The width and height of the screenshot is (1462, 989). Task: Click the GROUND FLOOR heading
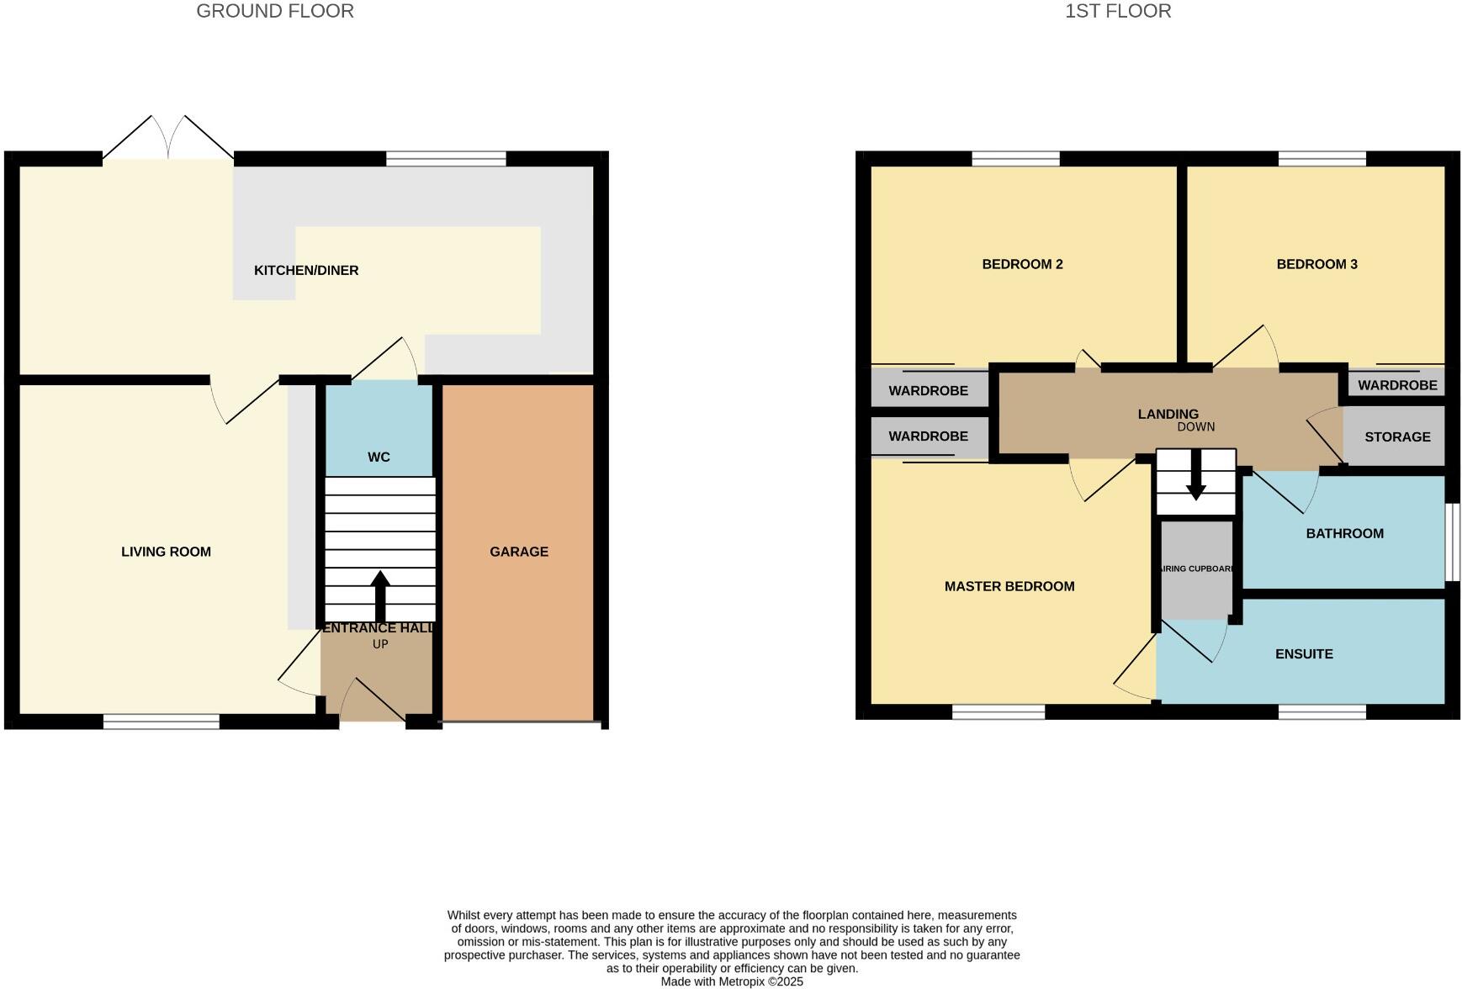pos(275,12)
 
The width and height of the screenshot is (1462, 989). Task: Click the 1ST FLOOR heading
pos(1118,12)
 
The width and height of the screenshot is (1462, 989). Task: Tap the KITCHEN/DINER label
pos(306,271)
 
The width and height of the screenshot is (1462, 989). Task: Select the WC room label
pos(379,457)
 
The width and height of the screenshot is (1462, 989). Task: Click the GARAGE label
pos(519,552)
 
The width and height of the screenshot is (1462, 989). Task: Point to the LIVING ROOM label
pos(166,552)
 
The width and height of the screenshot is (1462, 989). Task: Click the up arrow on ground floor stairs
pos(380,595)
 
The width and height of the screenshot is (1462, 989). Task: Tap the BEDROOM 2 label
pos(1022,264)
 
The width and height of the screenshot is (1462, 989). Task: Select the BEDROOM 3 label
pos(1316,264)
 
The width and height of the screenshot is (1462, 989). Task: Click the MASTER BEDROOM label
pos(1009,586)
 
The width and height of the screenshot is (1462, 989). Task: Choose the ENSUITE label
pos(1304,654)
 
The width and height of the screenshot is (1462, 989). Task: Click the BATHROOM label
pos(1344,533)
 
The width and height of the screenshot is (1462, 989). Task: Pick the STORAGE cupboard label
pos(1397,437)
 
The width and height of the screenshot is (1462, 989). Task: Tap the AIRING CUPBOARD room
pos(1196,569)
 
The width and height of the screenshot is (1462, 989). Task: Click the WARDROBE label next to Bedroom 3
pos(1397,386)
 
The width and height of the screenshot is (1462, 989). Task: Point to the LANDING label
pos(1168,414)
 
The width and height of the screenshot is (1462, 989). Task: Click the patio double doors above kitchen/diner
pos(168,140)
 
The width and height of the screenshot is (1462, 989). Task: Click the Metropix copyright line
pos(732,981)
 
